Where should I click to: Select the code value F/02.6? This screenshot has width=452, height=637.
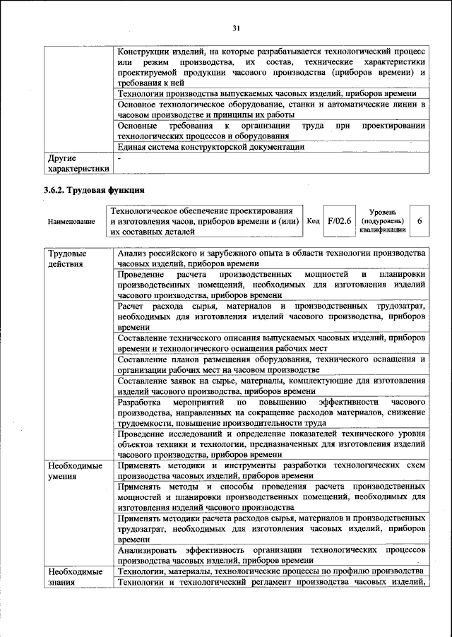pyautogui.click(x=340, y=221)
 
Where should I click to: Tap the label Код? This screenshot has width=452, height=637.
pyautogui.click(x=314, y=221)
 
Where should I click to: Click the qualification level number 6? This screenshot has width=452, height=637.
pyautogui.click(x=420, y=221)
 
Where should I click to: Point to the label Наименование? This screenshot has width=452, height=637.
pyautogui.click(x=71, y=222)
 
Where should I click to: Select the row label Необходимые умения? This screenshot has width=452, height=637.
pyautogui.click(x=74, y=472)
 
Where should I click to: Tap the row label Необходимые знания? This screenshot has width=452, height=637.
pyautogui.click(x=74, y=576)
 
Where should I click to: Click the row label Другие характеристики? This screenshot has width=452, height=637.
pyautogui.click(x=78, y=164)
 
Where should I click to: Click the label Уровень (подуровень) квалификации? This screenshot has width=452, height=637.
pyautogui.click(x=381, y=221)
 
